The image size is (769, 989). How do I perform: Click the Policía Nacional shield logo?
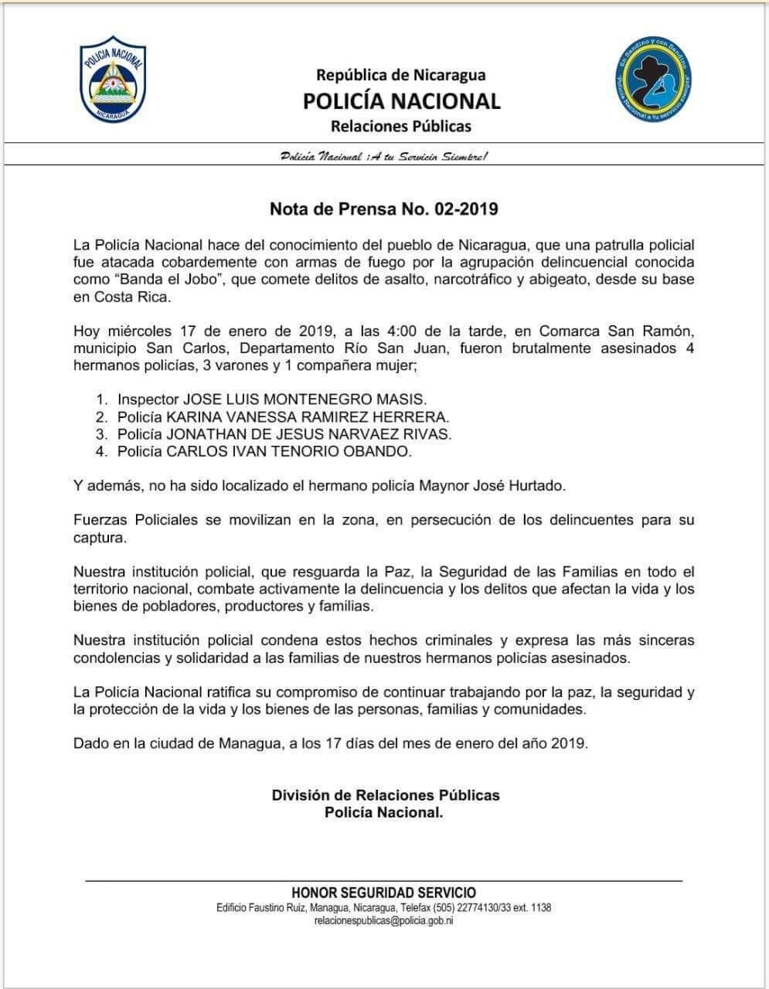[113, 83]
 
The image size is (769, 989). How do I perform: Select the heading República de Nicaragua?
[400, 75]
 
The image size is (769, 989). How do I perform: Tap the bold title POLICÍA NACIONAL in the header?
[401, 100]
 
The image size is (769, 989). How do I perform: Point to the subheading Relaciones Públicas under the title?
[400, 126]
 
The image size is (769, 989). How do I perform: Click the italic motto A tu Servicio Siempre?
[383, 157]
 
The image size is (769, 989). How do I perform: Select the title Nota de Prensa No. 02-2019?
[384, 209]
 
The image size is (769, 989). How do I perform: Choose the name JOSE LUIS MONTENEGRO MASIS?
[304, 399]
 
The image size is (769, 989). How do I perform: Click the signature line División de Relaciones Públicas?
[385, 795]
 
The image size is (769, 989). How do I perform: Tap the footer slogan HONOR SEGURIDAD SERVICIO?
[383, 892]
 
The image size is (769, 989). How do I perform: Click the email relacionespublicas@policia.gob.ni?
[383, 921]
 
